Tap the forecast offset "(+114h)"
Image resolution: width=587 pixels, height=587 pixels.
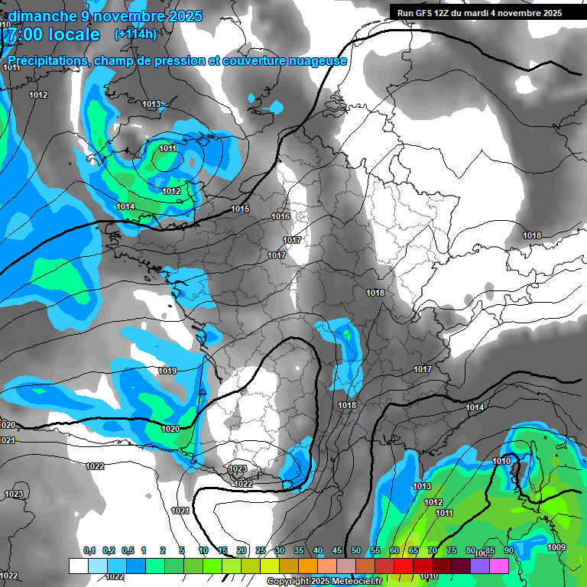(x=135, y=34)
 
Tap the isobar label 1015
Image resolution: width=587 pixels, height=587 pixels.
(x=240, y=209)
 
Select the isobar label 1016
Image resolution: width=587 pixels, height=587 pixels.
(x=281, y=217)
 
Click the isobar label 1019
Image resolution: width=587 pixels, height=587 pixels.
(x=167, y=371)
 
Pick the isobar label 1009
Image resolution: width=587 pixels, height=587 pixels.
(x=556, y=546)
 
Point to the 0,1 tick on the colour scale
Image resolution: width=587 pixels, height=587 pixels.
(x=89, y=551)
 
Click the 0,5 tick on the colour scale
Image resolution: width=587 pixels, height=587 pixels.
(x=128, y=551)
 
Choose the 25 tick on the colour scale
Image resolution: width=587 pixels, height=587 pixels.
(x=261, y=551)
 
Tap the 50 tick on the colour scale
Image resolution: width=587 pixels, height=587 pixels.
(x=356, y=551)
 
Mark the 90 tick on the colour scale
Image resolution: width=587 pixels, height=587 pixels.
(x=508, y=551)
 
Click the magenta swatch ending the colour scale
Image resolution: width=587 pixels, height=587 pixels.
(x=499, y=566)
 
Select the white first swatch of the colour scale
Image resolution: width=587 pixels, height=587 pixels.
(x=78, y=566)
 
